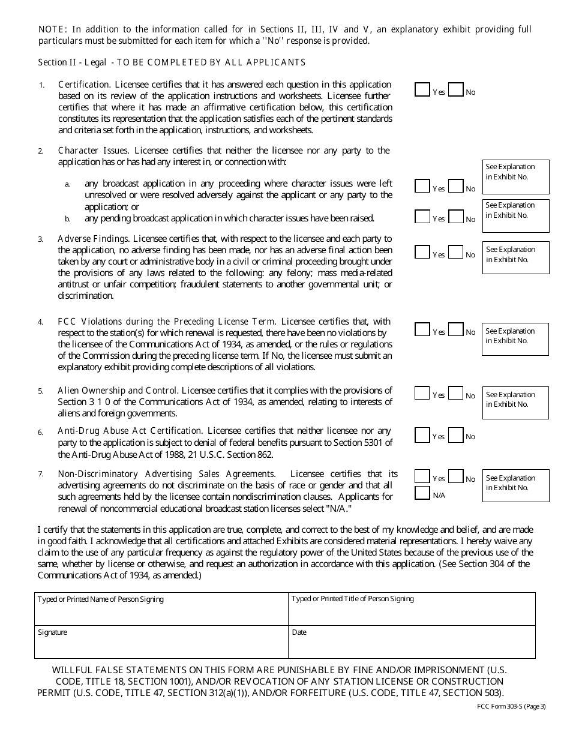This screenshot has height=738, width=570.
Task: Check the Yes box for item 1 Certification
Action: point(422,89)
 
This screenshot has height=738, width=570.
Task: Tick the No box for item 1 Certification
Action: point(455,89)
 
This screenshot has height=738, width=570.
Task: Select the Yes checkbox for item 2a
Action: point(422,186)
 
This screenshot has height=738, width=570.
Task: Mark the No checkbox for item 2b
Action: point(455,217)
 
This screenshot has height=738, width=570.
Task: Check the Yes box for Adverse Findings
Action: point(422,252)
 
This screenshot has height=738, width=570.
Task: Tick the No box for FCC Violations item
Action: point(455,329)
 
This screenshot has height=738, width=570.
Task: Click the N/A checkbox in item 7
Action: point(422,493)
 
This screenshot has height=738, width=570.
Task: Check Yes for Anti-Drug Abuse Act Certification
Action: point(422,434)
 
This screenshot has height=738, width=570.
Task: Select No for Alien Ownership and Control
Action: point(455,393)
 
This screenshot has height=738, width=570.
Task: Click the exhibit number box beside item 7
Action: point(515,485)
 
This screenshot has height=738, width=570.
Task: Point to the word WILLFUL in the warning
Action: point(73,670)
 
